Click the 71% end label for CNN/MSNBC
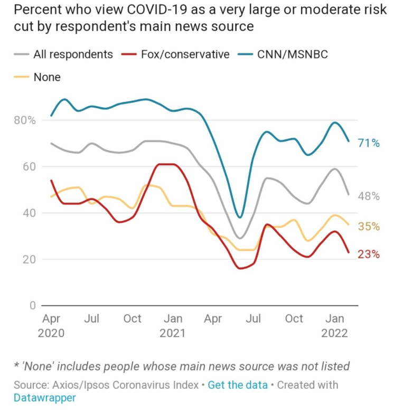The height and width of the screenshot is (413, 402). (369, 143)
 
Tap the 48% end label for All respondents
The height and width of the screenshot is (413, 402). (369, 196)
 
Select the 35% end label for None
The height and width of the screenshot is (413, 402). (369, 227)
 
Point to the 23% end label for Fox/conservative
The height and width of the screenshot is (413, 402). (369, 255)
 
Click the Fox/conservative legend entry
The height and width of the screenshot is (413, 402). (185, 54)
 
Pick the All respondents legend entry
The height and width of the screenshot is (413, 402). (73, 54)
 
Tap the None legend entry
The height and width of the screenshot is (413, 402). (46, 77)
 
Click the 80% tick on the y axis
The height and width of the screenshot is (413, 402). (24, 120)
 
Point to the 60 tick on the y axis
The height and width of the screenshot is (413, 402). (30, 167)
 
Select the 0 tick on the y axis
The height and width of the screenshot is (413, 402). (32, 306)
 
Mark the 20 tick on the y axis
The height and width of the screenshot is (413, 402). (30, 259)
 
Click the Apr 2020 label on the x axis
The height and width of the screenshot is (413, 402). (51, 326)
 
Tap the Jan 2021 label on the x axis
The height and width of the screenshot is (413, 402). (173, 326)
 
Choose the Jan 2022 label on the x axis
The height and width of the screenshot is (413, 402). (335, 326)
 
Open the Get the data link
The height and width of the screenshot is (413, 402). (237, 385)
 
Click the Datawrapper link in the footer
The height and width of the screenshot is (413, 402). (45, 398)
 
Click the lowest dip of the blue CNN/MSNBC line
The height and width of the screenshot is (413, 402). (240, 217)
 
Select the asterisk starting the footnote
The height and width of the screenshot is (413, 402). (16, 366)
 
